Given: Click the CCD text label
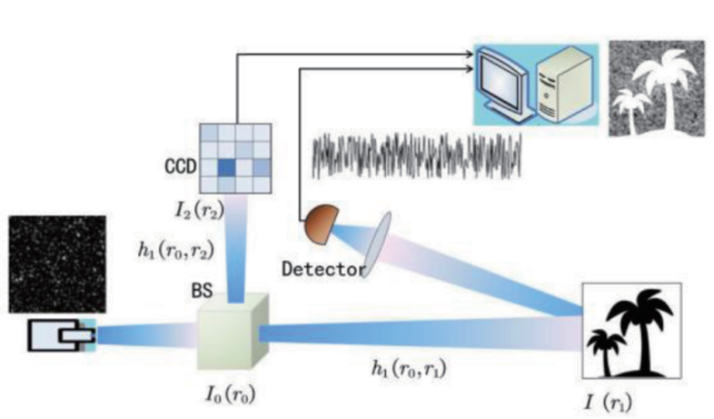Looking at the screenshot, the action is click(x=181, y=166).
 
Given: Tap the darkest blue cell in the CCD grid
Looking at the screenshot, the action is click(x=227, y=168).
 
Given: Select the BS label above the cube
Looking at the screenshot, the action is click(x=202, y=290).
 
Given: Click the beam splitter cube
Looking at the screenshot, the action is click(x=233, y=332).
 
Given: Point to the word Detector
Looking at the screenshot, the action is click(x=323, y=269).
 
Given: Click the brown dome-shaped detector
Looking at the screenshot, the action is click(x=322, y=224).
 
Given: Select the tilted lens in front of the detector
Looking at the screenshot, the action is click(x=378, y=244).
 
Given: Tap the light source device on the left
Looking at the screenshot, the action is click(x=62, y=335).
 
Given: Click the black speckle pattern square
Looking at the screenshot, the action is click(x=57, y=264).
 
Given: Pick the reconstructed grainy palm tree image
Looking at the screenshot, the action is click(x=657, y=88).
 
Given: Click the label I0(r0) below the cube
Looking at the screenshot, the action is click(x=231, y=394).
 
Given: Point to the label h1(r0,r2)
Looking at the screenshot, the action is click(x=175, y=250).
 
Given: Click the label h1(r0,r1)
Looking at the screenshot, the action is click(x=409, y=368).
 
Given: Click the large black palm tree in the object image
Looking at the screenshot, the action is click(x=640, y=329).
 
